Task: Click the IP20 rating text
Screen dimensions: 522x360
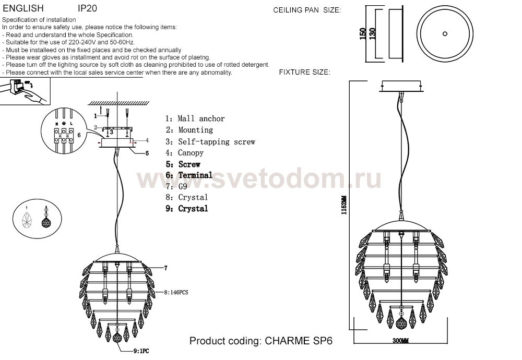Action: coord(87,8)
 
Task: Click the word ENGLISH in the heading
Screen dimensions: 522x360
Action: coord(23,8)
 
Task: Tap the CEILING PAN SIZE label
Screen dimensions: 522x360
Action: coord(307,10)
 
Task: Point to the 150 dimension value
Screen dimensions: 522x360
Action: coord(363,33)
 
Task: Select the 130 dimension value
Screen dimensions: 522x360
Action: coord(373,33)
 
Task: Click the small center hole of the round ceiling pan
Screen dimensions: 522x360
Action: coord(445,33)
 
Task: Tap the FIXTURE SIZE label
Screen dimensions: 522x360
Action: coord(305,72)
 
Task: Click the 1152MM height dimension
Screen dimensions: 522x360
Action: coord(344,205)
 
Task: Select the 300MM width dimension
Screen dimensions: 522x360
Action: coord(400,341)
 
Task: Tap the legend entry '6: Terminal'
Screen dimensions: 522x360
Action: coord(189,175)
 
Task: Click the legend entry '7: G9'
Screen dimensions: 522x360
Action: coord(176,186)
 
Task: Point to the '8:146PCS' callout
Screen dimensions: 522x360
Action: coord(176,293)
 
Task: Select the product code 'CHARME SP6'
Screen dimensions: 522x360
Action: coord(299,341)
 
